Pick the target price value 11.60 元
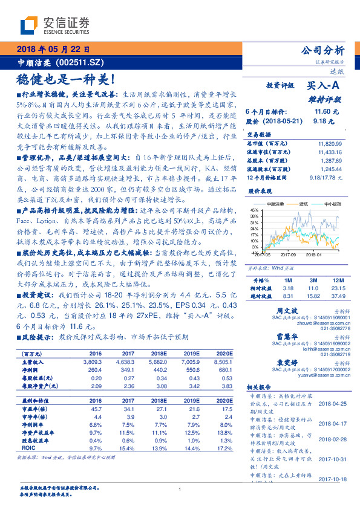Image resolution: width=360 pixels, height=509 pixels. coord(322,112)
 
